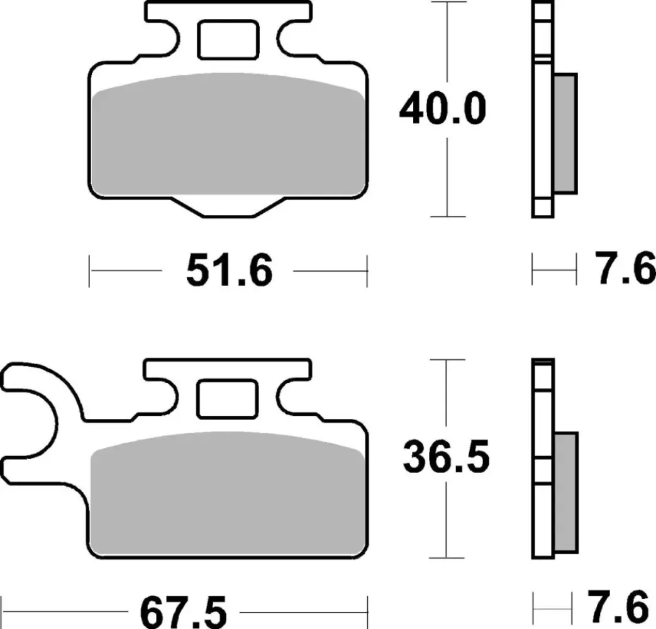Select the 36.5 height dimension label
(447, 459)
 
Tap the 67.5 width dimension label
(183, 611)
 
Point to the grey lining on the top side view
(565, 133)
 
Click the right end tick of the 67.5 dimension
(367, 611)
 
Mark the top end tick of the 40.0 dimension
(447, 3)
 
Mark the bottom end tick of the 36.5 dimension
(447, 558)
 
